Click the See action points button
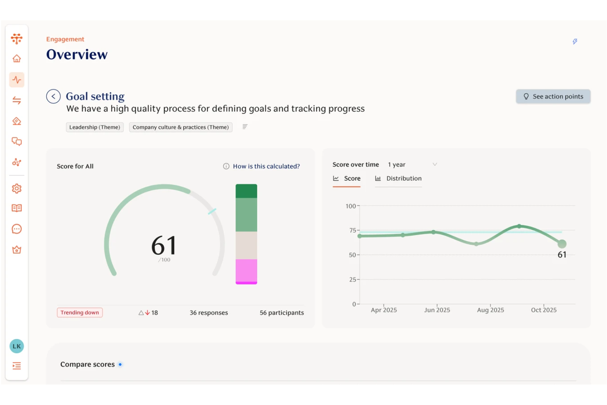[553, 96]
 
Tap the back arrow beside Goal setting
[53, 96]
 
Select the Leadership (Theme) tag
[95, 127]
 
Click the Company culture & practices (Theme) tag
[180, 127]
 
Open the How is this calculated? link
[266, 166]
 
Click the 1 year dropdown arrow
[435, 165]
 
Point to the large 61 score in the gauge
[164, 245]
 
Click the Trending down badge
[80, 313]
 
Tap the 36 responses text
[209, 313]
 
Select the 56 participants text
[282, 313]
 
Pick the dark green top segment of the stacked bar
[246, 191]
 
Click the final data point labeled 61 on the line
[562, 244]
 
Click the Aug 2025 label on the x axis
[491, 310]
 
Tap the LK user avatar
[17, 346]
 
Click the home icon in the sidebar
[17, 59]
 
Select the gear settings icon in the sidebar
[17, 188]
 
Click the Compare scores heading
[87, 364]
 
